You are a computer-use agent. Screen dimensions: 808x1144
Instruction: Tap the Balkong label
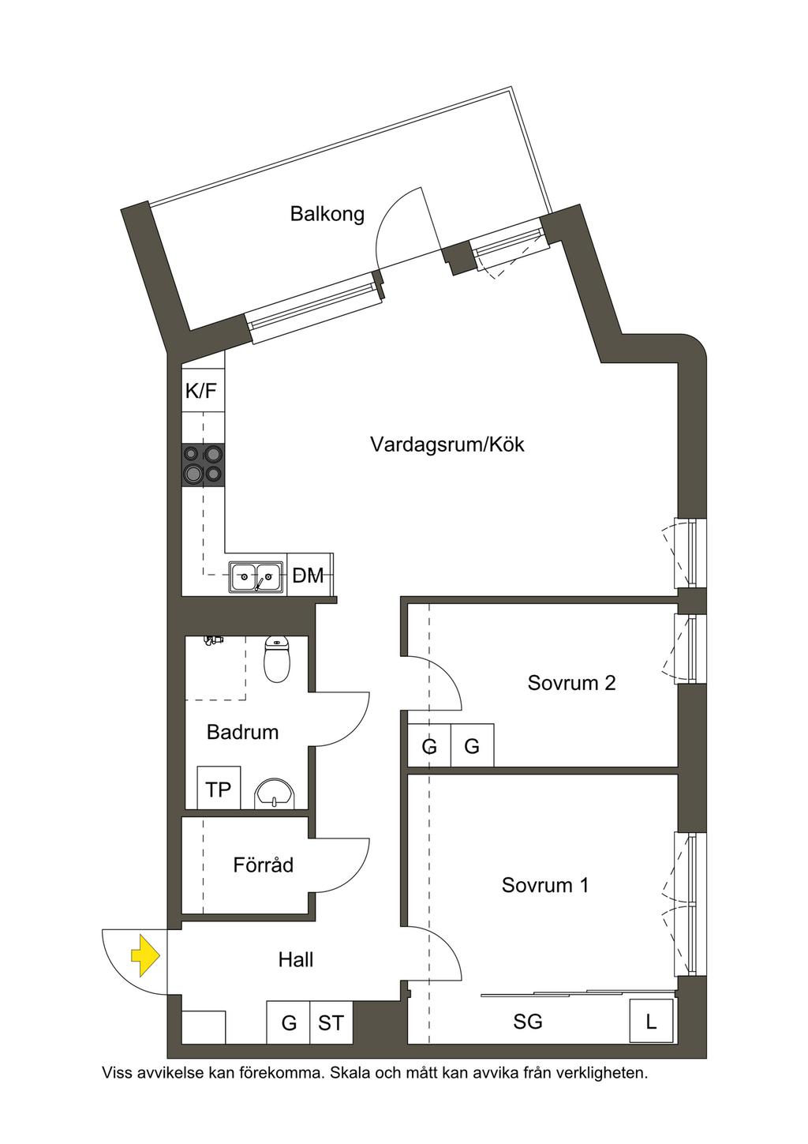pos(327,214)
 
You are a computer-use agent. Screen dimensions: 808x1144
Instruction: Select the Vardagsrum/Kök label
pos(447,444)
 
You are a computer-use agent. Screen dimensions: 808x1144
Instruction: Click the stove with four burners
pos(203,464)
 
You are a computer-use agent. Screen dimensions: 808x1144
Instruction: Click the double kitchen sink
pos(256,577)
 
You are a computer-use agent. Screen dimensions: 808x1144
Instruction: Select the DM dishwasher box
pos(309,575)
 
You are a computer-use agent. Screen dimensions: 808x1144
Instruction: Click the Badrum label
pos(242,732)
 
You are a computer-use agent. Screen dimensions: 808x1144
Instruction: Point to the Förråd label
pos(264,865)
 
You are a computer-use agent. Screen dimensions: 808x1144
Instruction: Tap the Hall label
pos(296,960)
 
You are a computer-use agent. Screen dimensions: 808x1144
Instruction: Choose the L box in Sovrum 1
pos(651,1022)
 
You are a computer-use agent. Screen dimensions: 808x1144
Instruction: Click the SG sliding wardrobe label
pos(528,1022)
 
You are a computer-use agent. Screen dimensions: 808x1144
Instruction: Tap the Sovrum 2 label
pos(571,683)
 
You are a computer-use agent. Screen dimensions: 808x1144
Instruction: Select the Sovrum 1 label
pos(545,885)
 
